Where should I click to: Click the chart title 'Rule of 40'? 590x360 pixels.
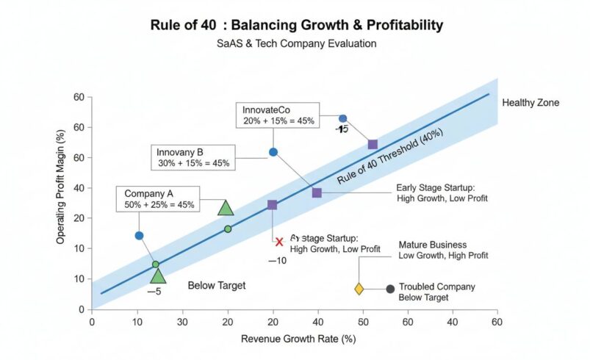pos(296,25)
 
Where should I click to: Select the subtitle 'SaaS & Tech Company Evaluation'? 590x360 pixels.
pos(296,44)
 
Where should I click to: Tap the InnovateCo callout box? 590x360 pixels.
pos(277,115)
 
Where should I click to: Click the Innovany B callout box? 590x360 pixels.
pos(193,157)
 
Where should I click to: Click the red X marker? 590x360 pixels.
pos(278,242)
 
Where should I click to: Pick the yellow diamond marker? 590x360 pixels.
pos(359,289)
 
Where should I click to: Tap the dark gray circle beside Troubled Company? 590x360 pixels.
pos(390,289)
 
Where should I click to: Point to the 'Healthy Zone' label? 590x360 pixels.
pos(530,103)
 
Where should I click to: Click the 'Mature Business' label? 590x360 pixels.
pos(432,245)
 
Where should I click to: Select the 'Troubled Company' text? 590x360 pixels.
pos(436,287)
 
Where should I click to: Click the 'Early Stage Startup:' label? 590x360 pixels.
pos(436,187)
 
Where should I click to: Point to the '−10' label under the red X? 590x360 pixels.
pos(277,260)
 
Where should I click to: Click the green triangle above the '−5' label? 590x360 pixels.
pos(158,276)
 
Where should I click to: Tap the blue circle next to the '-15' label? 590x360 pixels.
pos(342,118)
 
